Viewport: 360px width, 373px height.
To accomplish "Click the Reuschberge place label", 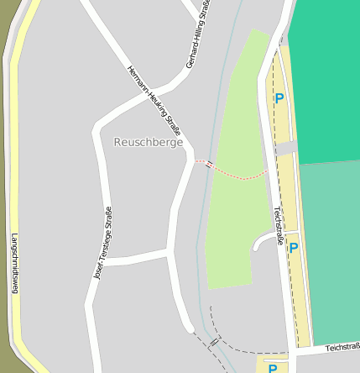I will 148,143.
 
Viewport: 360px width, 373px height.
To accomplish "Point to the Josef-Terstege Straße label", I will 103,243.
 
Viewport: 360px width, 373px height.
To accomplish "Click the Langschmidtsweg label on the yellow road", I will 14,263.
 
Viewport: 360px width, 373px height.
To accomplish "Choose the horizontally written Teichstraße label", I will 342,346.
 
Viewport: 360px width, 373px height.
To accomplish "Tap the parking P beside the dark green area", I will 279,99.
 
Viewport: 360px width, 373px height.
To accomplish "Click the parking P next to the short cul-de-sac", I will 294,248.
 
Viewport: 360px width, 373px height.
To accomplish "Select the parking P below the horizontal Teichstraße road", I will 273,368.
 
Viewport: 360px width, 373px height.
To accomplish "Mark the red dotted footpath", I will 239,176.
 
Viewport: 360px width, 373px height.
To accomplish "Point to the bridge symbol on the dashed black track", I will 214,343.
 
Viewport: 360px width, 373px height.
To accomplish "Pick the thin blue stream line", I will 201,252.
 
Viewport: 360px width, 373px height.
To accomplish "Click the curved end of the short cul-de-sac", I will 257,243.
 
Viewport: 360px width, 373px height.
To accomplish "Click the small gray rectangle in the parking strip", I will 286,148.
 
